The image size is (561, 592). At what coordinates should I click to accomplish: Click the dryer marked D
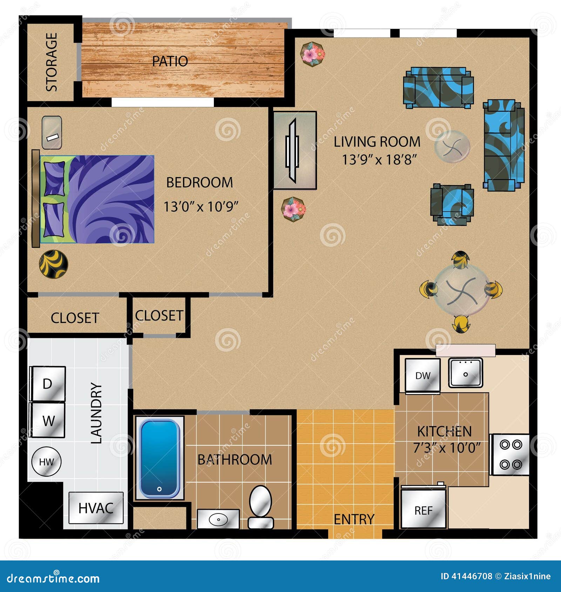(48, 384)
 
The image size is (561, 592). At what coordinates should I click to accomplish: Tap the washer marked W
(48, 420)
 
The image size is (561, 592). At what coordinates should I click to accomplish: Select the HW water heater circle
(46, 462)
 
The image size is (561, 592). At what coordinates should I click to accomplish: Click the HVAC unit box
(96, 507)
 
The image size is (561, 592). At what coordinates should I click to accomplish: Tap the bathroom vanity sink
(218, 519)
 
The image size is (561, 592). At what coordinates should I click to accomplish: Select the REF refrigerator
(423, 509)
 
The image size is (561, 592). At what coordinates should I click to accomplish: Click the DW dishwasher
(423, 375)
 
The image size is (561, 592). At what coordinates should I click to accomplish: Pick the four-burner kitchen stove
(511, 455)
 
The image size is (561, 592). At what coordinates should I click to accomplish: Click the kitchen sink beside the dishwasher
(466, 373)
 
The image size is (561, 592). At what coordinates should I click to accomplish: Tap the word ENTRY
(354, 519)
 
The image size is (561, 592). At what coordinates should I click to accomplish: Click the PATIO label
(170, 61)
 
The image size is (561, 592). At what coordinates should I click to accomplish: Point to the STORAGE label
(52, 62)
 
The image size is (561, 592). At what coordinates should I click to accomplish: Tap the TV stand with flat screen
(295, 150)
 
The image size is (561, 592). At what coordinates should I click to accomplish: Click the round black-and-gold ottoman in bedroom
(53, 264)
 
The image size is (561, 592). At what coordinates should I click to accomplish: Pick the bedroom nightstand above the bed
(52, 133)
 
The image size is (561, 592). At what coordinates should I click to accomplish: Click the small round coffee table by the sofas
(452, 147)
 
